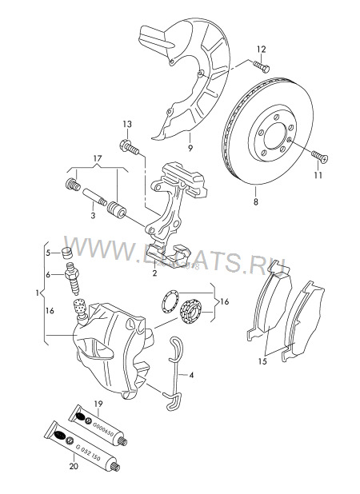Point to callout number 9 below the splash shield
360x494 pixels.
190,147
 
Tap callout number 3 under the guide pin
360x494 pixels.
93,214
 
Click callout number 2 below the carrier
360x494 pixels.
154,273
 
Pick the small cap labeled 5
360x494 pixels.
68,253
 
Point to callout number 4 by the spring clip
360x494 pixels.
193,374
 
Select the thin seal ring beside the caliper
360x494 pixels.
167,301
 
